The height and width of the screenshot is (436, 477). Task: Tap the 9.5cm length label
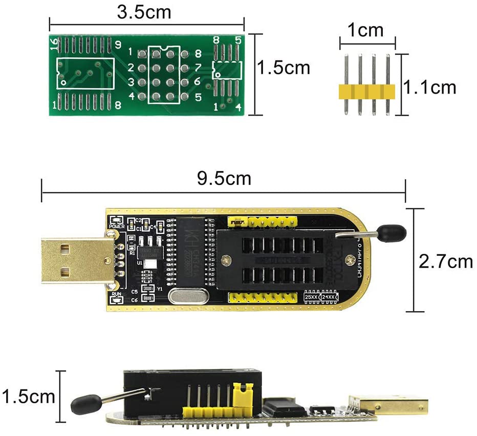tap(224, 179)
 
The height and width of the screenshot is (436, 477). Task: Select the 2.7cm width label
tap(446, 261)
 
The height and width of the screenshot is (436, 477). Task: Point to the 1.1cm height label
tap(430, 87)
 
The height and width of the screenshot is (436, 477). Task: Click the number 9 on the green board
tap(118, 45)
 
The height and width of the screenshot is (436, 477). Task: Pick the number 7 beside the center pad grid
tap(198, 68)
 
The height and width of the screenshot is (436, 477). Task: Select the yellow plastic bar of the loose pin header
tap(367, 92)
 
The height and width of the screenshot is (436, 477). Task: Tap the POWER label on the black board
tap(117, 226)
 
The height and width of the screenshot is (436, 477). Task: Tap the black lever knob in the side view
tap(82, 404)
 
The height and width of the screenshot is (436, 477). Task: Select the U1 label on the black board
tap(139, 263)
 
